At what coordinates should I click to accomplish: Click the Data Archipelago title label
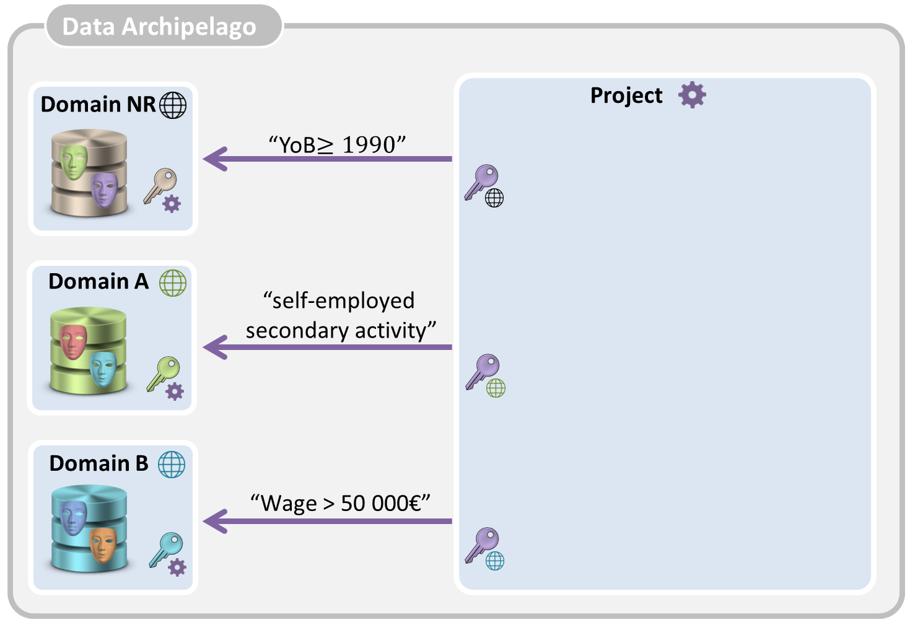click(159, 27)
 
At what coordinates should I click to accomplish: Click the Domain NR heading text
click(98, 104)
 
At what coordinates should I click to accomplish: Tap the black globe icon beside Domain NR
click(173, 105)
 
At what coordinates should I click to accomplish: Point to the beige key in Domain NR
click(160, 185)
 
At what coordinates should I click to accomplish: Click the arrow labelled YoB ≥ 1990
click(328, 159)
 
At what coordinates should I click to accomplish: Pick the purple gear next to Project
click(692, 95)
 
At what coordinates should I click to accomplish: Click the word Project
click(626, 95)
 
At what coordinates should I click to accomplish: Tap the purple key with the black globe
click(482, 181)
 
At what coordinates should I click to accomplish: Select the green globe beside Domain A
click(173, 283)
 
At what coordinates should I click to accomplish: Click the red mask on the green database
click(73, 341)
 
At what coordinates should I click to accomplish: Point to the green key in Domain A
click(162, 373)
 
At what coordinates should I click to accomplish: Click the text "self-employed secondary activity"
click(339, 315)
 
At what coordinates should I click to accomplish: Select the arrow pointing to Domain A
click(328, 347)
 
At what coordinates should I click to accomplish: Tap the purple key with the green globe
click(483, 371)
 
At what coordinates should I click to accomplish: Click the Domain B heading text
click(98, 463)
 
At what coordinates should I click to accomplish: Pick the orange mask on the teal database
click(103, 543)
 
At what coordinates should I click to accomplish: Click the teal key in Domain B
click(165, 549)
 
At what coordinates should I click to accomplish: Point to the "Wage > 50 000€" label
click(340, 502)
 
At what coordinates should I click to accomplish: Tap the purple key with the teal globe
click(483, 544)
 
